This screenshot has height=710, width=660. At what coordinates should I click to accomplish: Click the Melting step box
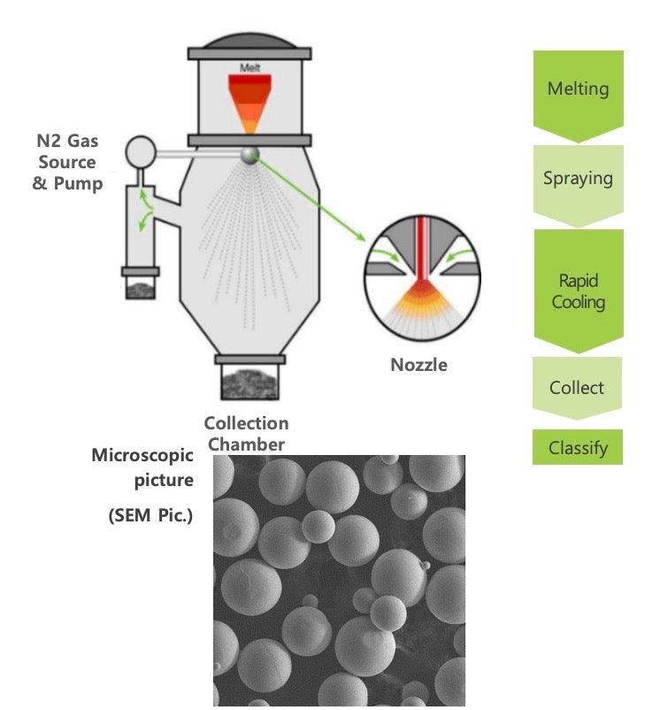click(x=578, y=89)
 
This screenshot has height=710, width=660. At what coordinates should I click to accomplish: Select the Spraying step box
click(x=578, y=178)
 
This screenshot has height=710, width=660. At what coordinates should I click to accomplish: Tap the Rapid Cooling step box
click(x=578, y=291)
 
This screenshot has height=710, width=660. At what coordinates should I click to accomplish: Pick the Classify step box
click(x=578, y=447)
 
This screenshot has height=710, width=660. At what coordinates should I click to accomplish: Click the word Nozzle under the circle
click(x=418, y=364)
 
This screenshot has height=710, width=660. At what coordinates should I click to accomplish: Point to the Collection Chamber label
click(x=246, y=434)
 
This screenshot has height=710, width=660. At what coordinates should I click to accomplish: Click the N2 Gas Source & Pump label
click(x=67, y=162)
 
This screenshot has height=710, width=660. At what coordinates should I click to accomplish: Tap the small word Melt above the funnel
click(x=250, y=68)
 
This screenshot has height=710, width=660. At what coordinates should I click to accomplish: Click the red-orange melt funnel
click(x=250, y=100)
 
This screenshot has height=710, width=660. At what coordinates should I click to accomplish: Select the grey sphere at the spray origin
click(x=250, y=156)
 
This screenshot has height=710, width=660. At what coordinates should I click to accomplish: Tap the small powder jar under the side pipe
click(x=140, y=287)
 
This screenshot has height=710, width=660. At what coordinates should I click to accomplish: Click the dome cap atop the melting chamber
click(x=250, y=33)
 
